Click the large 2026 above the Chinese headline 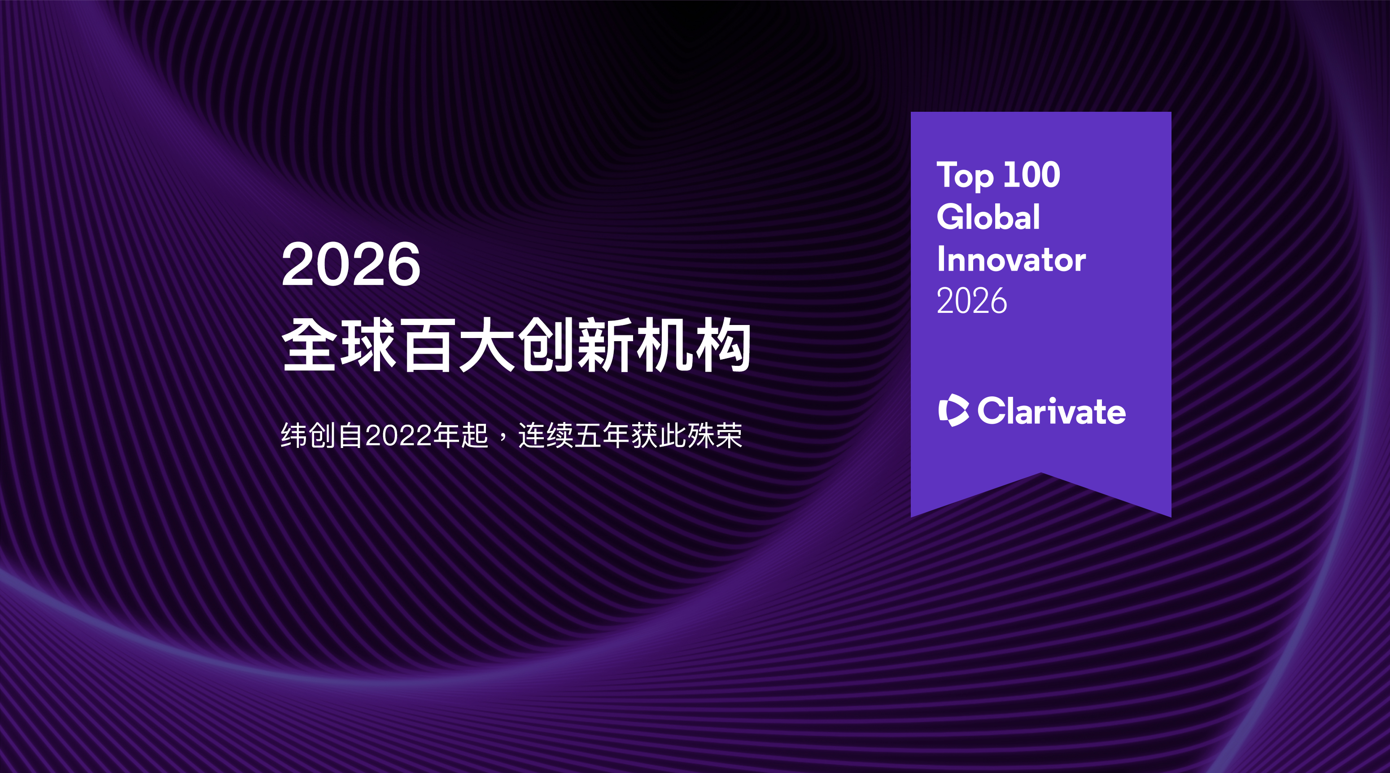(x=351, y=264)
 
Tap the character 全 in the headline (x=310, y=344)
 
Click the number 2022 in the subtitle (x=399, y=435)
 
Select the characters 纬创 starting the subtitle (x=308, y=435)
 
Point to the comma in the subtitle (x=503, y=440)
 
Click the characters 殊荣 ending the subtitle (x=715, y=435)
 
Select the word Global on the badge (x=988, y=216)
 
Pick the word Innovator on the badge (x=1011, y=259)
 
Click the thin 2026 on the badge (x=972, y=301)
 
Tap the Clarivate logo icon (x=953, y=410)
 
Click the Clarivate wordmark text (x=1052, y=411)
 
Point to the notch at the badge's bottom (x=1041, y=474)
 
